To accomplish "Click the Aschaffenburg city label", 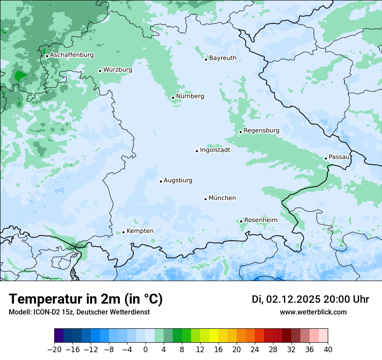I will (x=72, y=55).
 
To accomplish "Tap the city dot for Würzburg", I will (x=100, y=71).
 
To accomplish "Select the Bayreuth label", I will (x=223, y=58).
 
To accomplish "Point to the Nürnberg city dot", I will (x=173, y=98).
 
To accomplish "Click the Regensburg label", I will (x=261, y=130).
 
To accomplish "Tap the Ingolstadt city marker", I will (x=197, y=151).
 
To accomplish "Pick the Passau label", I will (x=339, y=157).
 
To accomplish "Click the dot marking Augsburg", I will (x=161, y=181).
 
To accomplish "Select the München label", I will (x=222, y=198).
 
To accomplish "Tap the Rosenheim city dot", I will (x=241, y=221).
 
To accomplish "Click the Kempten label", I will (x=140, y=231).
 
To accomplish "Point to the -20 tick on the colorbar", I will (x=55, y=350).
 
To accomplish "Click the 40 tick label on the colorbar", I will (x=328, y=350).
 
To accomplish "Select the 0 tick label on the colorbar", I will (x=145, y=350).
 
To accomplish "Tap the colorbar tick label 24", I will (x=255, y=350).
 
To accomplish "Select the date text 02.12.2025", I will (x=293, y=299).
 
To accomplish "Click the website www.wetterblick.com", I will (x=313, y=312).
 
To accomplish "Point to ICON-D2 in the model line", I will (x=44, y=312).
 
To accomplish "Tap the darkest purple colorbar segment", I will (x=59, y=335).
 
